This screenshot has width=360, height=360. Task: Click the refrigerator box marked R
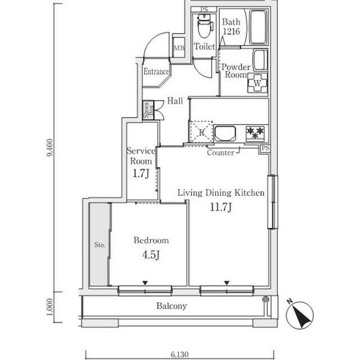[x=201, y=132]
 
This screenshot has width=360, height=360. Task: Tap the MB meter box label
[x=179, y=48]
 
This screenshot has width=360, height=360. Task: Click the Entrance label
[x=156, y=71]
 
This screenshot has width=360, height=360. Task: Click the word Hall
[x=175, y=101]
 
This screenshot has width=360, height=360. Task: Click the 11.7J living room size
[x=221, y=207]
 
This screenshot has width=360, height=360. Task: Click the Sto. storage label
[x=100, y=245]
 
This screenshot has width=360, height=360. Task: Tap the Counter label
[x=220, y=152]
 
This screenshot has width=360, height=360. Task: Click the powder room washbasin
[x=260, y=59]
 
